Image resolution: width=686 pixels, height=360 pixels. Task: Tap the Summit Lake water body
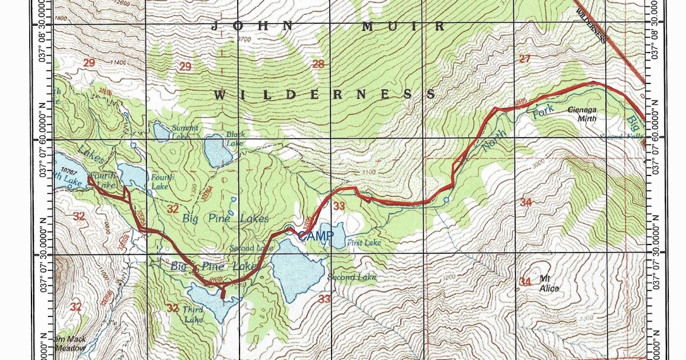[161, 132]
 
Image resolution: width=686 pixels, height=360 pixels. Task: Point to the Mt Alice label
[549, 284]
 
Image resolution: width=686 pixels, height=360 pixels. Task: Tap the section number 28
[318, 64]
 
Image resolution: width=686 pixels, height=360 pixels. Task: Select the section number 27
[524, 59]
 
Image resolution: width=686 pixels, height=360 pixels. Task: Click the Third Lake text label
[193, 314]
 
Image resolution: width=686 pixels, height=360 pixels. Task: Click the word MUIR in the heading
[404, 26]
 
